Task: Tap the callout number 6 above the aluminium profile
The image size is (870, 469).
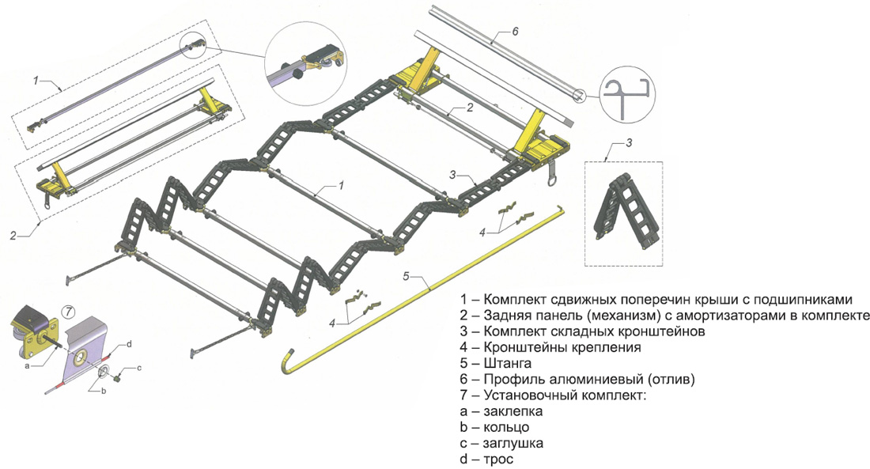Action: click(x=515, y=32)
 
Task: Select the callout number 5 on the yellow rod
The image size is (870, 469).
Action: click(x=407, y=277)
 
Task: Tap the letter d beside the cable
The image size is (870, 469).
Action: click(x=129, y=344)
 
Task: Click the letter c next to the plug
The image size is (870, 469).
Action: click(x=139, y=369)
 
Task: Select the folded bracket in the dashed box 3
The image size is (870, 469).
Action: click(x=624, y=207)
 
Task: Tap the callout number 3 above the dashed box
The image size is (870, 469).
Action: click(x=629, y=143)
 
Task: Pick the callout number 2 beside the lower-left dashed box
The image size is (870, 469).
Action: click(x=13, y=235)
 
